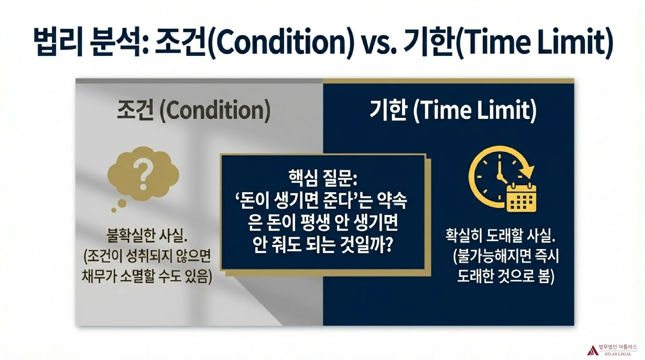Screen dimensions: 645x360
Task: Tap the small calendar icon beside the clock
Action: coord(521,198)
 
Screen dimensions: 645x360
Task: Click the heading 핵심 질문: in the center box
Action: coord(323,178)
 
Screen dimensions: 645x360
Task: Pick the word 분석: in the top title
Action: coord(120,42)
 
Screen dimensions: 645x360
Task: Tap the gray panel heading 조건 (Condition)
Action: coord(193,111)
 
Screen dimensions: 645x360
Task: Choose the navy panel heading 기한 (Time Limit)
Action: coord(453,111)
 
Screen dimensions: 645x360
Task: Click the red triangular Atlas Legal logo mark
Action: coord(592,350)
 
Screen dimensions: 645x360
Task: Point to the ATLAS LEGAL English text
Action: coord(618,354)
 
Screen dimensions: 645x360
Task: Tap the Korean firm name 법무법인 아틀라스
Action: coord(618,347)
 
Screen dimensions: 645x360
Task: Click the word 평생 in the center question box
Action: coord(314,223)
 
